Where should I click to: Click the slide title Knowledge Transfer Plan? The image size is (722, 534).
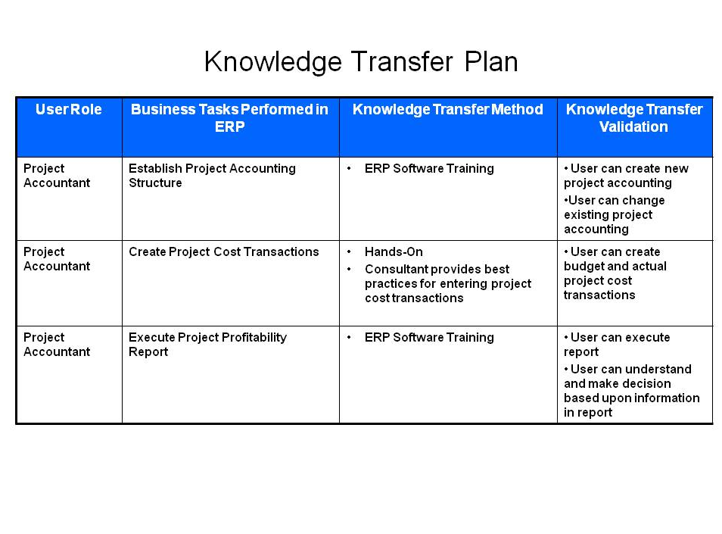(x=361, y=62)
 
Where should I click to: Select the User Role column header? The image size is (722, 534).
(x=69, y=109)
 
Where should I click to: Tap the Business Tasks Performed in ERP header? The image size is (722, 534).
(x=229, y=118)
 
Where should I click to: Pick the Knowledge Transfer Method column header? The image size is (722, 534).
(x=447, y=109)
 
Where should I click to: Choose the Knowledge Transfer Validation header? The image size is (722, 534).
(x=634, y=118)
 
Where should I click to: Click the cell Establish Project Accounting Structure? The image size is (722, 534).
(x=212, y=176)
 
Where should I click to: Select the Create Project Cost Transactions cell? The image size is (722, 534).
(x=224, y=251)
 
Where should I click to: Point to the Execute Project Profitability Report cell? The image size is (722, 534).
(x=207, y=344)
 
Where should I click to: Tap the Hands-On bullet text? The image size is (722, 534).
(x=394, y=251)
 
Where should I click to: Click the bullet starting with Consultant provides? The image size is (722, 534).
(x=448, y=283)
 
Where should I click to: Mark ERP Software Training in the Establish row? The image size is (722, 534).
(x=429, y=169)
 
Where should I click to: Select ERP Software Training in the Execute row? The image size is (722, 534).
(x=429, y=337)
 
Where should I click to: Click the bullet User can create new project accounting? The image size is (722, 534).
(x=626, y=176)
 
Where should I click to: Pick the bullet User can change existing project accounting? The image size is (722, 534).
(x=615, y=214)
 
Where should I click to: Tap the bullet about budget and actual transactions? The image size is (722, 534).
(x=615, y=273)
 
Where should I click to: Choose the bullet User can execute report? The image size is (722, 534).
(x=617, y=344)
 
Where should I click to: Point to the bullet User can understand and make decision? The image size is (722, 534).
(x=632, y=391)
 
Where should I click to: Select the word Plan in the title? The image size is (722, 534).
(x=491, y=62)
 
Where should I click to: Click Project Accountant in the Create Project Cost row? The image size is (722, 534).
(x=57, y=259)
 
